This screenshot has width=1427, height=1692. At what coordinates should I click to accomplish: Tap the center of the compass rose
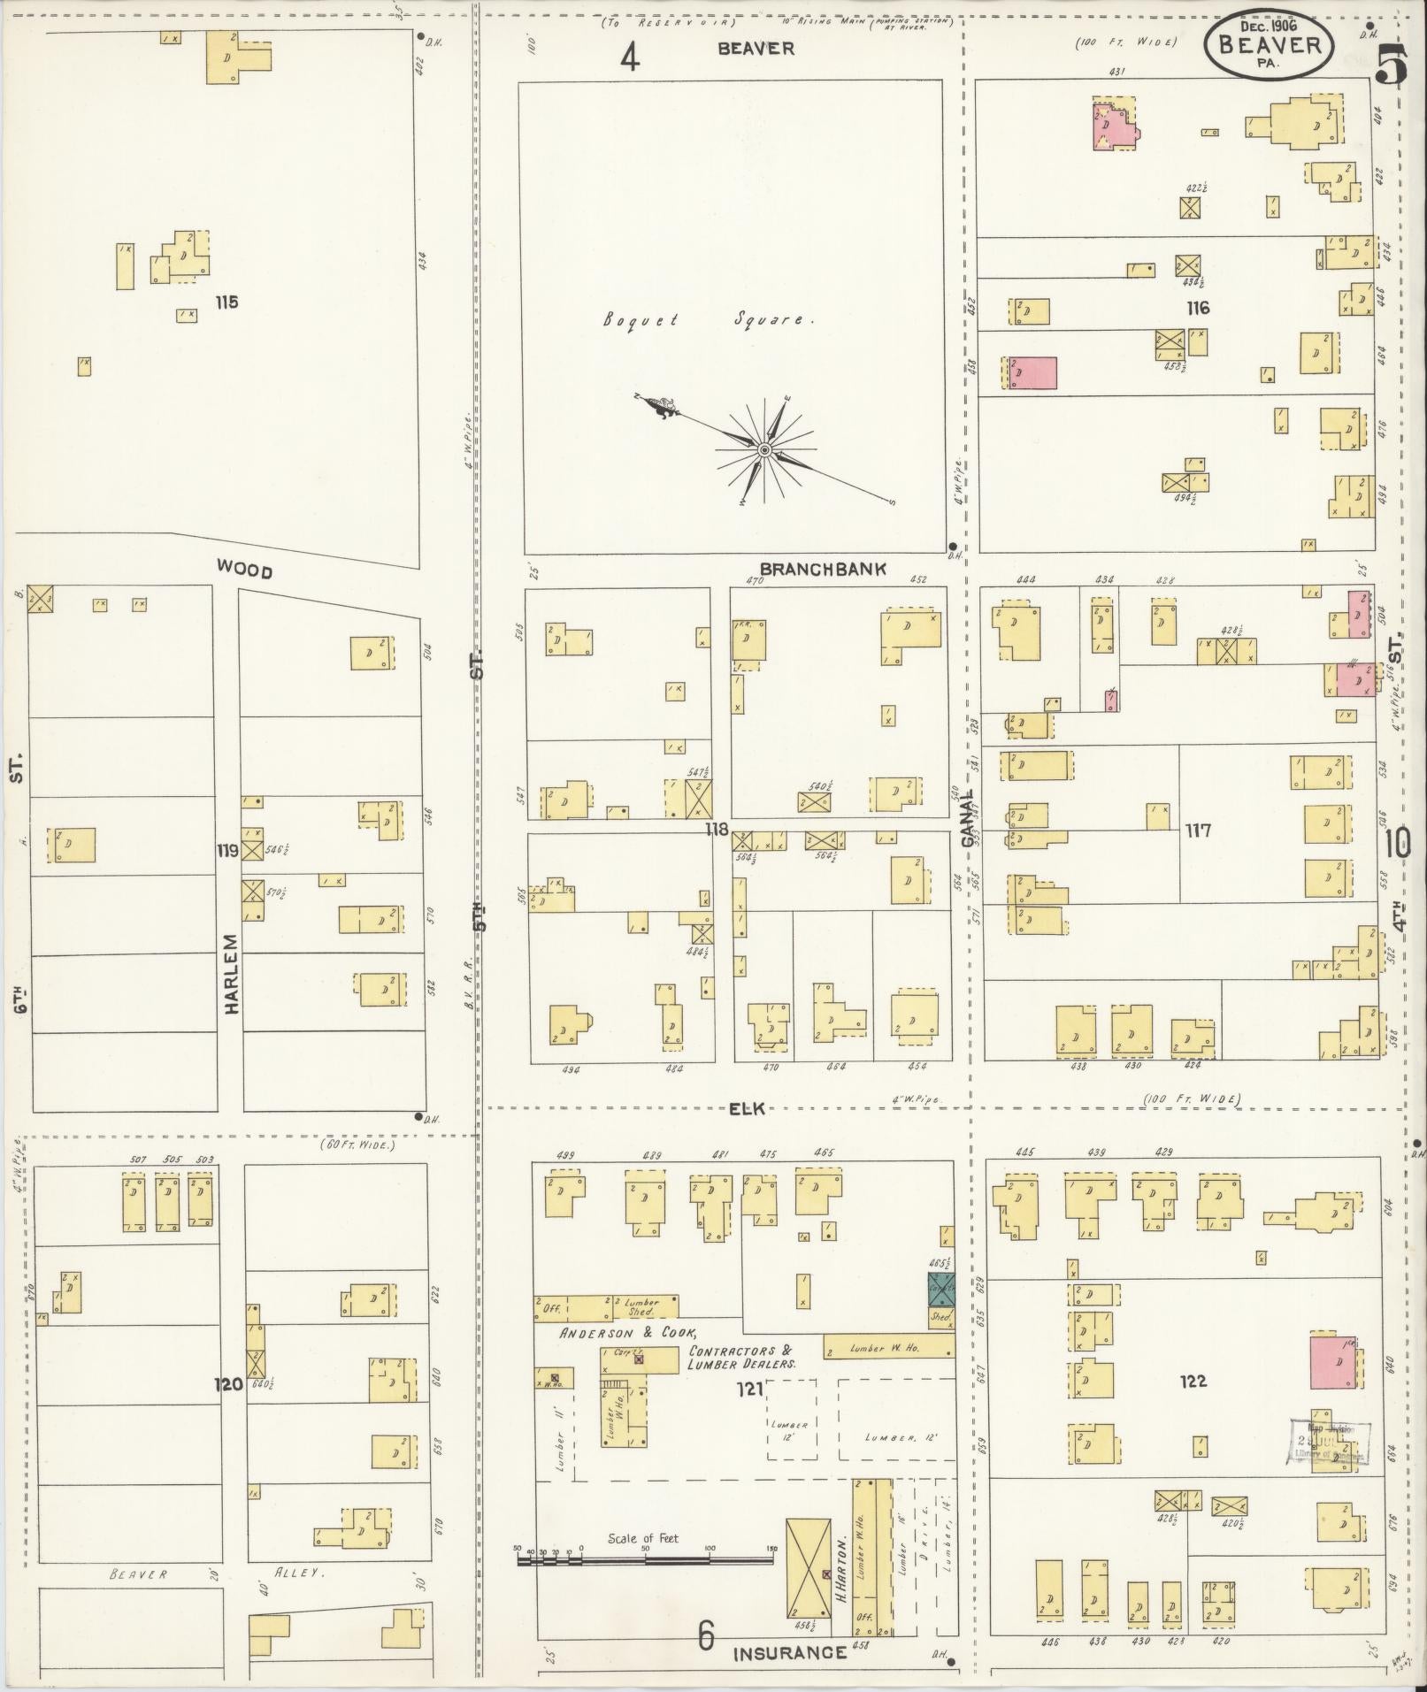tap(764, 452)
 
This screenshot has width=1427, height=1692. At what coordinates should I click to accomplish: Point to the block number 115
tap(226, 302)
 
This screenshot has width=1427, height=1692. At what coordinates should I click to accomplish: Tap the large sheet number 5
tap(1392, 66)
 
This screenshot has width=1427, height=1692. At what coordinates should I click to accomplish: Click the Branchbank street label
tap(823, 570)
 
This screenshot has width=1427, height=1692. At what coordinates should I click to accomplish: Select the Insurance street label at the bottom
tap(789, 1652)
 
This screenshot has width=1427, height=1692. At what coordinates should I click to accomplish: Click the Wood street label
tap(245, 570)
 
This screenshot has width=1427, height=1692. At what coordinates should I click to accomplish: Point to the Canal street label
tap(967, 816)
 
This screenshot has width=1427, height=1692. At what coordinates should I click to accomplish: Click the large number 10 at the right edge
tap(1398, 845)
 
